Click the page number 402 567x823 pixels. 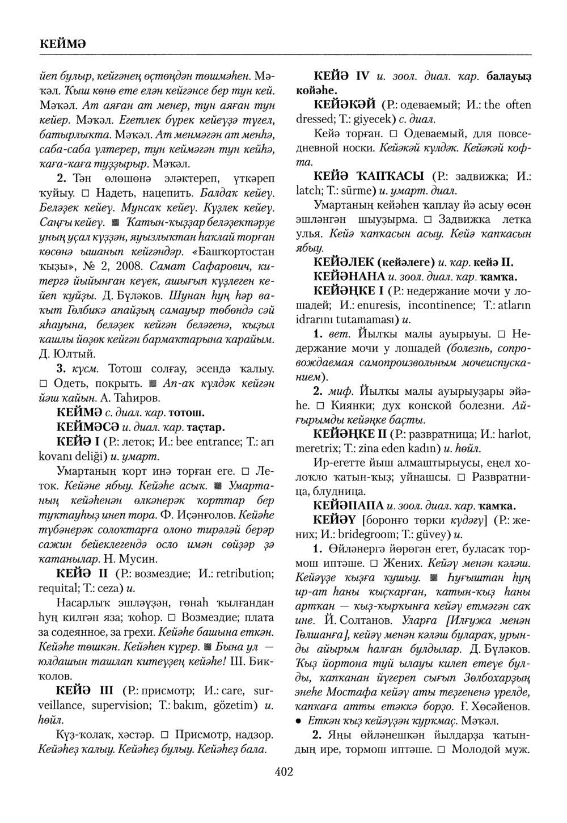point(283,771)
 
